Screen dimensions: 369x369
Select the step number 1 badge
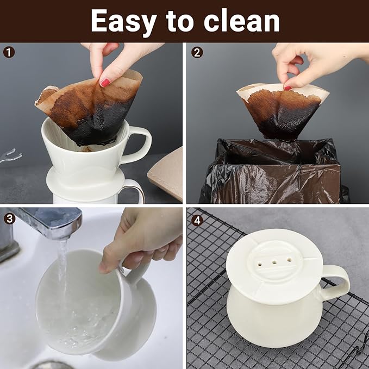9,53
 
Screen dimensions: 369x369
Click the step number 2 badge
197,53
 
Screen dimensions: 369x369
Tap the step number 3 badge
9,218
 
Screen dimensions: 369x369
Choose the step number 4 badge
197,218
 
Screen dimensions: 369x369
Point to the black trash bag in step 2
272,174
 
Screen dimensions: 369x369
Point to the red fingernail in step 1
104,82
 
